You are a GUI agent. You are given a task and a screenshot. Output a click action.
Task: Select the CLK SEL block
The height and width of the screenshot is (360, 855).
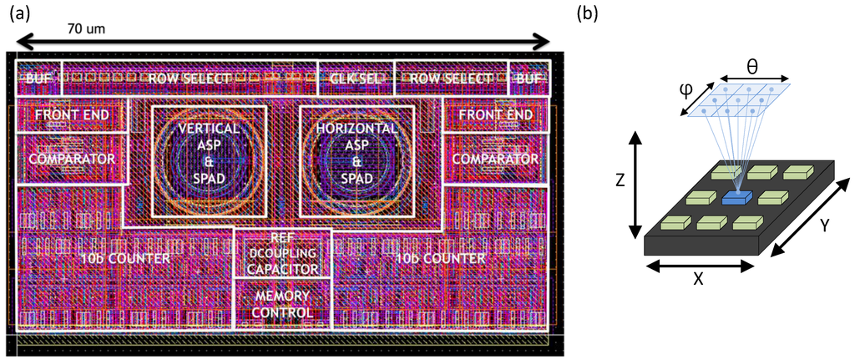355,79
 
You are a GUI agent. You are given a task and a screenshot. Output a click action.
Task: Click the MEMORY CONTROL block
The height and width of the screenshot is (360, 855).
282,304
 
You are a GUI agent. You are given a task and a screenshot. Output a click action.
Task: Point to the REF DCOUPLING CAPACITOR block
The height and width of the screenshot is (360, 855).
282,254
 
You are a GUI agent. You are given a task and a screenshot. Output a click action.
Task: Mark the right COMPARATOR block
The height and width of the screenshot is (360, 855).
495,157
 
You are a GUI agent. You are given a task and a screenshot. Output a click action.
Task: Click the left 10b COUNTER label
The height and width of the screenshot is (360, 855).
125,258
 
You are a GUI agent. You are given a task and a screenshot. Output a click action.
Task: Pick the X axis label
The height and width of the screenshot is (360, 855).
698,280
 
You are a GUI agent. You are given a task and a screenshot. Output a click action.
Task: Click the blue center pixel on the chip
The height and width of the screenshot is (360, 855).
736,197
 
